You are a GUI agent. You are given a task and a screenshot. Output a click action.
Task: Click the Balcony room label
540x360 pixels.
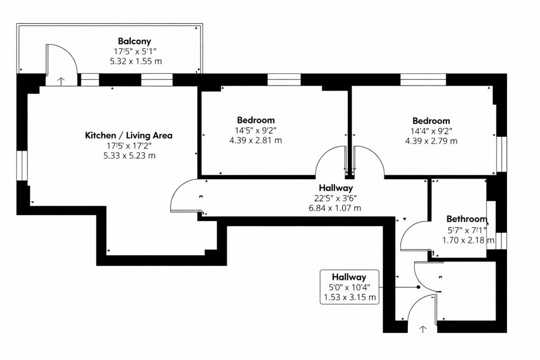point(134,41)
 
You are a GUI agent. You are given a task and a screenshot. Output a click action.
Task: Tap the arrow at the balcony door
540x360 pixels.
point(61,81)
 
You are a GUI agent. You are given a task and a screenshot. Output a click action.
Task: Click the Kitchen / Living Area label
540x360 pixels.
point(128,135)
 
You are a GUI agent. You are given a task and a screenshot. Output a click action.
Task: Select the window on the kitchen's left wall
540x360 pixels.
point(21,165)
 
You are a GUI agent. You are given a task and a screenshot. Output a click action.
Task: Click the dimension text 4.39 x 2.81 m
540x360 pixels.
point(255,141)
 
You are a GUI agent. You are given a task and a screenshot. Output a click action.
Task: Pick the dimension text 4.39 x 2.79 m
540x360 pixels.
point(431,141)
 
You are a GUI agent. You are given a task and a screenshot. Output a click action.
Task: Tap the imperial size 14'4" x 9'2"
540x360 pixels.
point(431,131)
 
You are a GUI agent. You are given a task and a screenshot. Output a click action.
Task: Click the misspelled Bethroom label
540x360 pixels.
point(466,219)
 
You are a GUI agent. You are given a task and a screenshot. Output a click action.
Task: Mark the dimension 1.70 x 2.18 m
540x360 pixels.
point(467,240)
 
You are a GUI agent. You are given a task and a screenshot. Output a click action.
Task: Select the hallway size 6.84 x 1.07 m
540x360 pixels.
point(334,208)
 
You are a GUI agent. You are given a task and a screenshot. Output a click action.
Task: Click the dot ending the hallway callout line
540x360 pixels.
point(418,287)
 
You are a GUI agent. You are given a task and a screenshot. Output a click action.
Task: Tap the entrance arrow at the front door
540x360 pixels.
point(423,329)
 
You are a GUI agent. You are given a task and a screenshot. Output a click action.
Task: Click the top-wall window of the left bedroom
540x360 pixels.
point(283,80)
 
